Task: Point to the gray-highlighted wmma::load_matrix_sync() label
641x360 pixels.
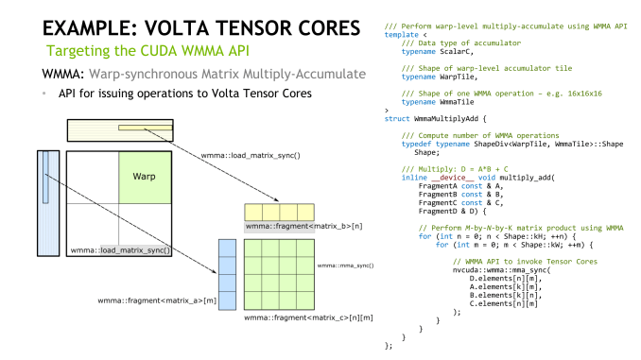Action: [x=121, y=250]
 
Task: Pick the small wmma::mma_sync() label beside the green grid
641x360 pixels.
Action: [x=346, y=266]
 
